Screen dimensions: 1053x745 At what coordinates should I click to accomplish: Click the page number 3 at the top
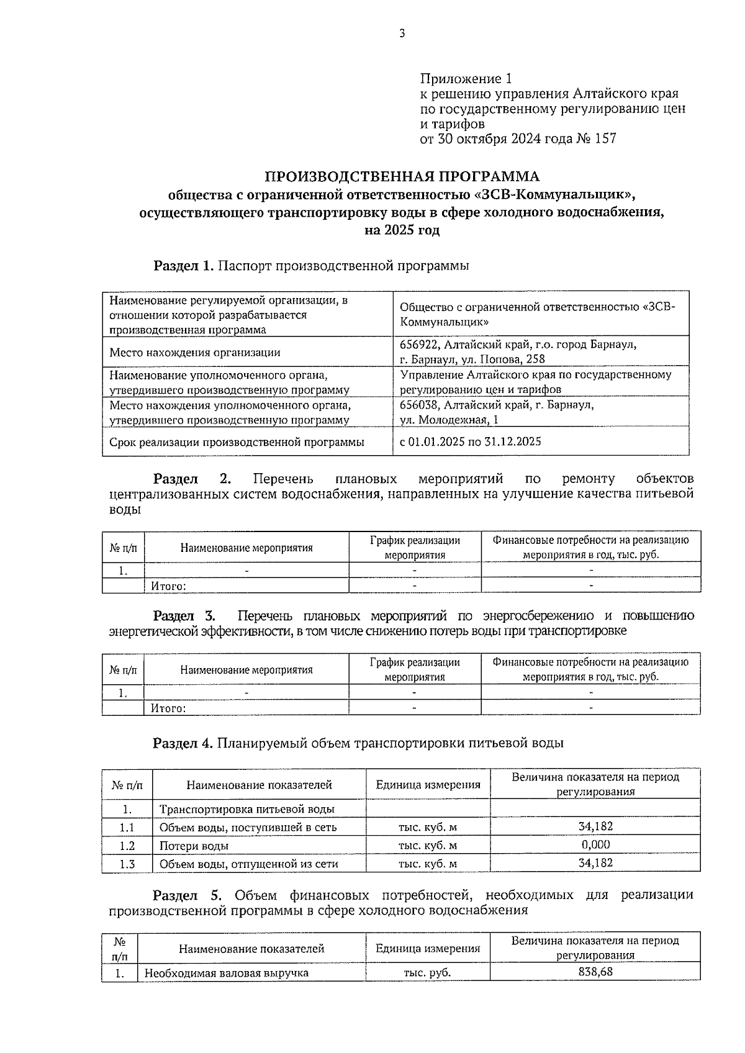pyautogui.click(x=402, y=34)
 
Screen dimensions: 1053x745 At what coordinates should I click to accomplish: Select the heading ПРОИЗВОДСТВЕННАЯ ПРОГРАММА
pyautogui.click(x=402, y=176)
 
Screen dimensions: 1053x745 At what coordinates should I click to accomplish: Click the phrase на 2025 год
pyautogui.click(x=402, y=230)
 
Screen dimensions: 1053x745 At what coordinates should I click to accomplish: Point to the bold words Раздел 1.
pyautogui.click(x=184, y=266)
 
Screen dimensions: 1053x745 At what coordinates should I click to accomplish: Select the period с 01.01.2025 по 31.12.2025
pyautogui.click(x=471, y=441)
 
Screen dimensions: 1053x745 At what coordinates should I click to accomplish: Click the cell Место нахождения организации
pyautogui.click(x=195, y=352)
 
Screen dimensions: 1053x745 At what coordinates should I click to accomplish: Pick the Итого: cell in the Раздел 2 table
pyautogui.click(x=169, y=585)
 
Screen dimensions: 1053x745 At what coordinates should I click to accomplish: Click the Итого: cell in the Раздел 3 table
pyautogui.click(x=169, y=708)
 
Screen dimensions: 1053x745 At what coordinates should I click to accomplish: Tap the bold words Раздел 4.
pyautogui.click(x=183, y=743)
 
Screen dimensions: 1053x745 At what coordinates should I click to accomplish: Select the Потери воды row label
pyautogui.click(x=194, y=846)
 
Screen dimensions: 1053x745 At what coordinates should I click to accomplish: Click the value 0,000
pyautogui.click(x=595, y=844)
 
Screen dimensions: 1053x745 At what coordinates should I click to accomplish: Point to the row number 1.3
pyautogui.click(x=127, y=864)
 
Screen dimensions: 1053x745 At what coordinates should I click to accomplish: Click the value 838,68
pyautogui.click(x=595, y=972)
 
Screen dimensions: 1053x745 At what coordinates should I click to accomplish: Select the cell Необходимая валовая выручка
pyautogui.click(x=227, y=973)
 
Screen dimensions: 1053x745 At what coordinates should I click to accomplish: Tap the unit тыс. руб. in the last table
pyautogui.click(x=427, y=973)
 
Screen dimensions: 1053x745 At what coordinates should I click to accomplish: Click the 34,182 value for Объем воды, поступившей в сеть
pyautogui.click(x=595, y=826)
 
